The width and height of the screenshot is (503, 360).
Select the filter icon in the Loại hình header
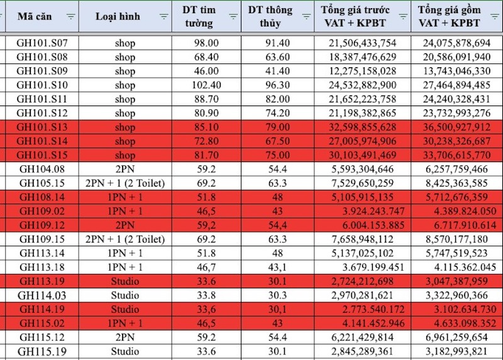[x=164, y=16]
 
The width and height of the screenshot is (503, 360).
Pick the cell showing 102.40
[x=206, y=85]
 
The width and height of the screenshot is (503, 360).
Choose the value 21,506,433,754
[x=362, y=43]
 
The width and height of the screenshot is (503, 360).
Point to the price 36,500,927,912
[x=457, y=128]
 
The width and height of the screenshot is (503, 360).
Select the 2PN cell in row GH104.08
[x=124, y=169]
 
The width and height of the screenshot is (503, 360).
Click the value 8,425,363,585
[x=457, y=183]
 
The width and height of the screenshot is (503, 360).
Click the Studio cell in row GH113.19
[x=124, y=281]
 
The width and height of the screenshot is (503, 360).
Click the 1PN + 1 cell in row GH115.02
[x=124, y=323]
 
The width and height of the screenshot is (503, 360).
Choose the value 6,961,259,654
[x=457, y=337]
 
